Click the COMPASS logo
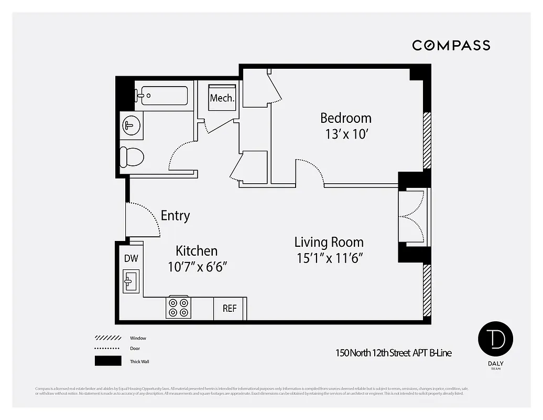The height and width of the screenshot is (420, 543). pos(451,45)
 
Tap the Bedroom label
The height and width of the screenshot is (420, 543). pos(345,118)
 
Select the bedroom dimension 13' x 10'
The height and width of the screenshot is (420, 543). pos(345,134)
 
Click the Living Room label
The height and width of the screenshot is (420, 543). pos(329,243)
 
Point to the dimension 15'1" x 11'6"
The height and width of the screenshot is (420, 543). pos(329,258)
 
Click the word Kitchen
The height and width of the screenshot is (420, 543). pos(197,251)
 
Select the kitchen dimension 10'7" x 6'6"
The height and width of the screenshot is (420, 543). pos(197,267)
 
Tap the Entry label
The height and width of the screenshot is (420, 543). pos(175,216)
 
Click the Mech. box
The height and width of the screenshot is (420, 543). pos(222,98)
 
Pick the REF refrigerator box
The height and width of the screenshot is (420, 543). pos(230,308)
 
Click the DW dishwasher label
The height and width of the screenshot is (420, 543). pos(131,258)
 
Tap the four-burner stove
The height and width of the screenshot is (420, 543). pos(178,308)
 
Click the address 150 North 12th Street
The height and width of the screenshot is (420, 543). pos(393,353)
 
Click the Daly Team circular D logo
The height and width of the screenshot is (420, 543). pos(495,339)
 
